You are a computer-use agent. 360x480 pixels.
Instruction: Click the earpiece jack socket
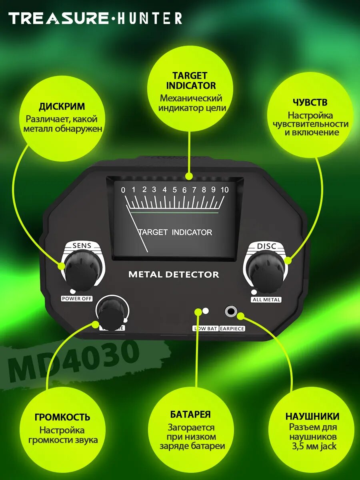[231, 311]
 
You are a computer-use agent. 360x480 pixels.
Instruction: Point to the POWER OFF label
[76, 298]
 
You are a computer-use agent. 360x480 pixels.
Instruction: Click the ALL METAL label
[266, 300]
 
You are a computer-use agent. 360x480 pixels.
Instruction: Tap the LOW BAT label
[206, 328]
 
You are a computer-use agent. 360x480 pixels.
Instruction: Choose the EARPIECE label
[232, 328]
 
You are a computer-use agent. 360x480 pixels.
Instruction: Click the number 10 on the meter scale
[224, 190]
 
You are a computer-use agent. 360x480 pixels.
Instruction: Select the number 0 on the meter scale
[123, 190]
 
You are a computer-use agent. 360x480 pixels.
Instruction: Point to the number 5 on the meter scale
[174, 190]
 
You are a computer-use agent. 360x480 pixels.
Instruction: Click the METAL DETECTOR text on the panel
[174, 275]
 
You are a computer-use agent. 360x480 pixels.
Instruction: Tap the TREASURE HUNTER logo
[95, 18]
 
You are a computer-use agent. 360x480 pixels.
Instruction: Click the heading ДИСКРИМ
[62, 107]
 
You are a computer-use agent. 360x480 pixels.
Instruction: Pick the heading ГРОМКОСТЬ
[62, 417]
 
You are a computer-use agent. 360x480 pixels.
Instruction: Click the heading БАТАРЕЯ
[190, 414]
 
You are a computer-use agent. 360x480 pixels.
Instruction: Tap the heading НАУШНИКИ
[312, 416]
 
